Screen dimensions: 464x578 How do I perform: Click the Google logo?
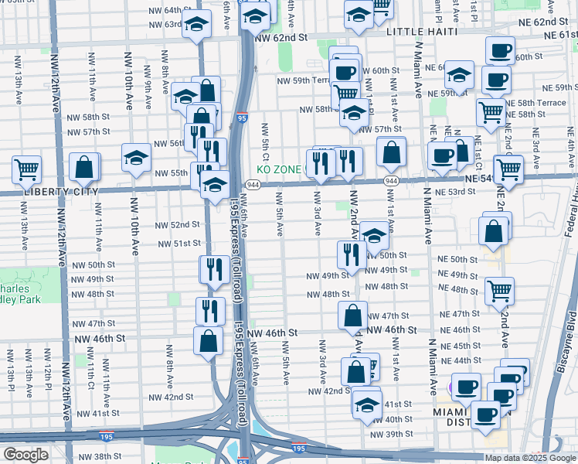coord(25,455)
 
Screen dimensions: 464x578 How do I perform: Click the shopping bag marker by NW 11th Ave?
coord(84,166)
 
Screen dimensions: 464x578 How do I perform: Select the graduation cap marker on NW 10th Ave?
coord(137,159)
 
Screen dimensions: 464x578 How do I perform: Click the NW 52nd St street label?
coord(177,224)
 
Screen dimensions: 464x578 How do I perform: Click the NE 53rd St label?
coord(454,192)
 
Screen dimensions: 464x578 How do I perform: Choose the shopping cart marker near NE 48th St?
coord(499,290)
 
